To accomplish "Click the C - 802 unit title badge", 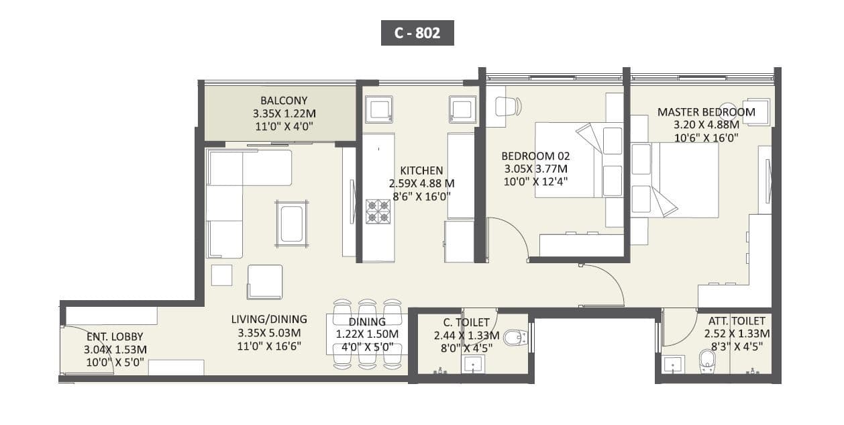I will tap(417, 33).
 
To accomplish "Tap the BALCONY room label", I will tap(279, 101).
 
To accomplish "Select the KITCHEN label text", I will tap(421, 171).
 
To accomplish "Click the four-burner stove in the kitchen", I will tap(378, 211).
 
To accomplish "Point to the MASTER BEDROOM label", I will tap(706, 111).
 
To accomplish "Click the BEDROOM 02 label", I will tap(535, 156).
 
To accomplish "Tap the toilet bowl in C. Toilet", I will tap(515, 337).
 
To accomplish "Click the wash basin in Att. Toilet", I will tap(673, 365).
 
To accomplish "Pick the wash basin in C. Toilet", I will tap(474, 365).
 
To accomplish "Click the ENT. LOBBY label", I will tap(115, 336).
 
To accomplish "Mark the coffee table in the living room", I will tap(291, 224).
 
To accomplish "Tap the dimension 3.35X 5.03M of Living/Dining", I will tap(269, 332).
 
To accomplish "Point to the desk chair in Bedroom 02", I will tap(507, 106).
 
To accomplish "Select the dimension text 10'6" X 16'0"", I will tap(706, 137).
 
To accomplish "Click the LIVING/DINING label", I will tap(268, 319).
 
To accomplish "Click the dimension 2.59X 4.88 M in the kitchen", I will tap(421, 183).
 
